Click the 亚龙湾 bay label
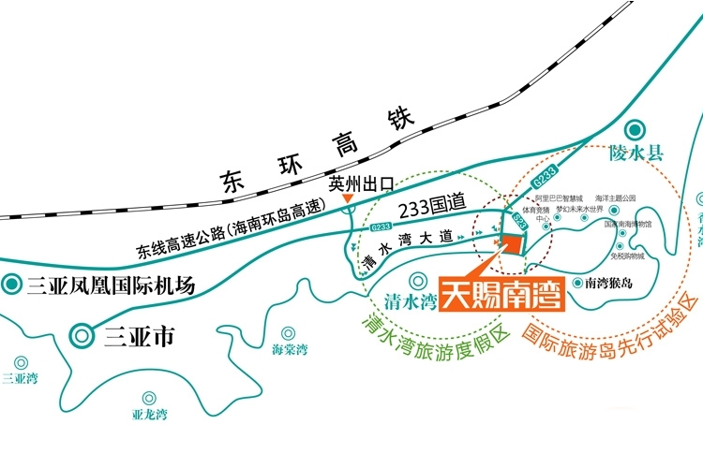(150, 413)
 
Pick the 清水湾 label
(411, 301)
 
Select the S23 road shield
(522, 223)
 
